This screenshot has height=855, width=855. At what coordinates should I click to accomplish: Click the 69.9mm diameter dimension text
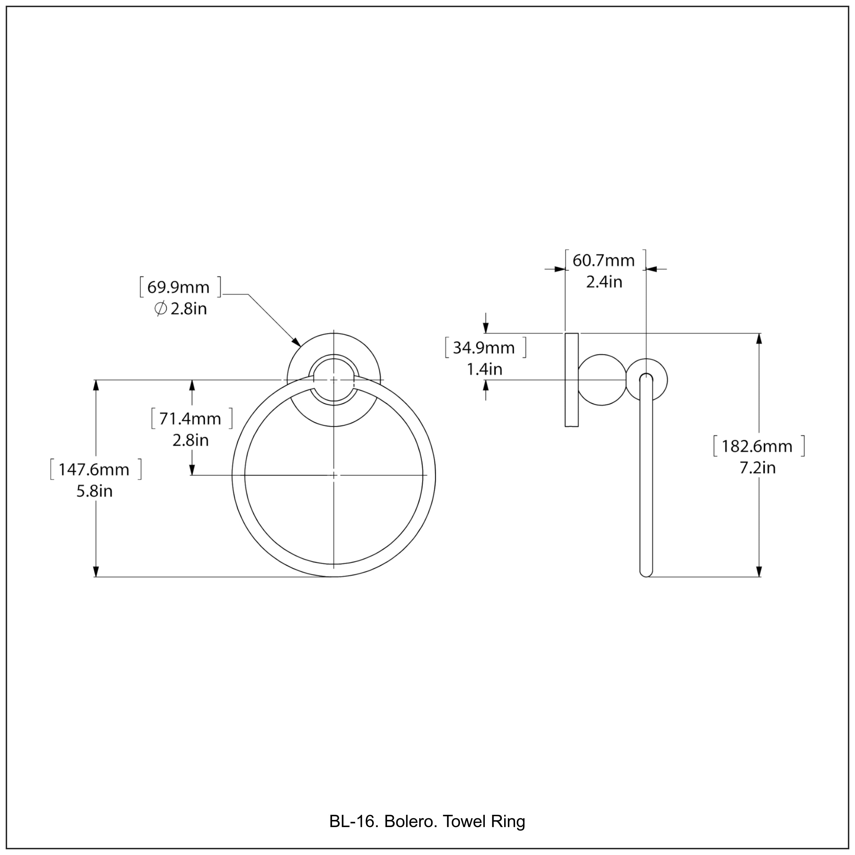tap(178, 288)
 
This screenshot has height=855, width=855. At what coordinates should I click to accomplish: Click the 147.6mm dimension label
tap(94, 470)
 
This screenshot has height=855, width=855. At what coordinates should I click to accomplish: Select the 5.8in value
tap(94, 491)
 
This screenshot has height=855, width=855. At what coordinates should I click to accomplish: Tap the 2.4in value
tap(604, 282)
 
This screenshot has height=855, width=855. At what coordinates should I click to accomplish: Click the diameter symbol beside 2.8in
tap(160, 309)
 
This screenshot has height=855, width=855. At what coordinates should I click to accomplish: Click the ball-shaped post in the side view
tap(602, 380)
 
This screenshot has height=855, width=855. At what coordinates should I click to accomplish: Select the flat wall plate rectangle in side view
tap(571, 380)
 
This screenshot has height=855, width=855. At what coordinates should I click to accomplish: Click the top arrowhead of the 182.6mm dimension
tap(760, 339)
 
